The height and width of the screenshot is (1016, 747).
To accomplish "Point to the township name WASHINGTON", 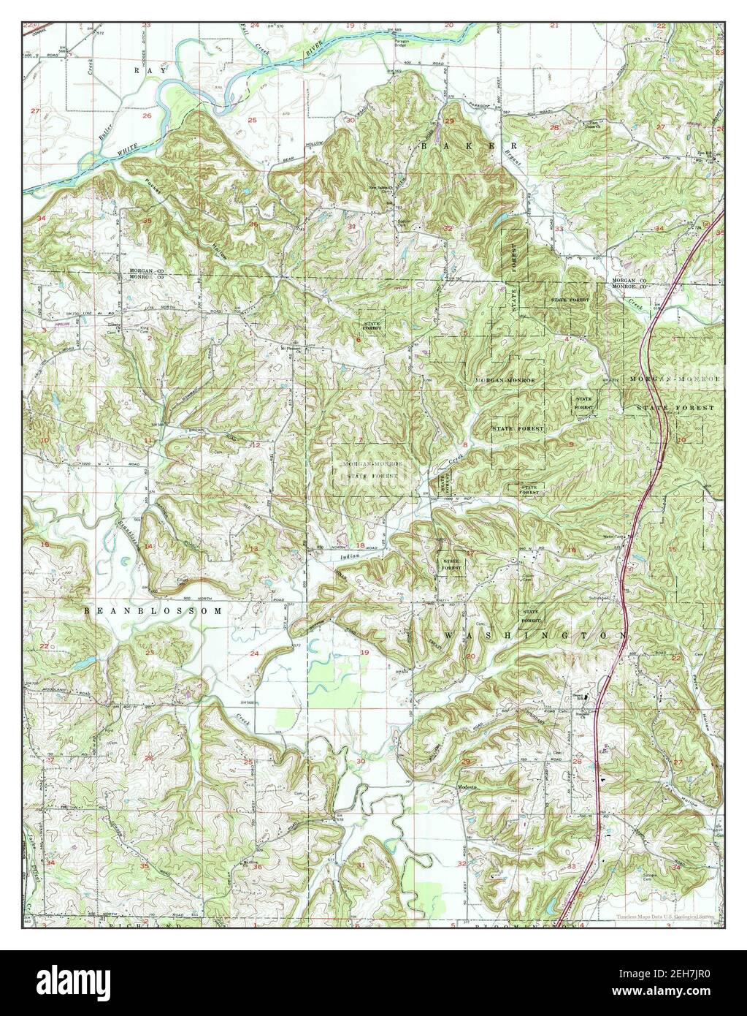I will [x=534, y=634].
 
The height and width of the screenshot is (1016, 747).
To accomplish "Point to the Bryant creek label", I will [x=507, y=154].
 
